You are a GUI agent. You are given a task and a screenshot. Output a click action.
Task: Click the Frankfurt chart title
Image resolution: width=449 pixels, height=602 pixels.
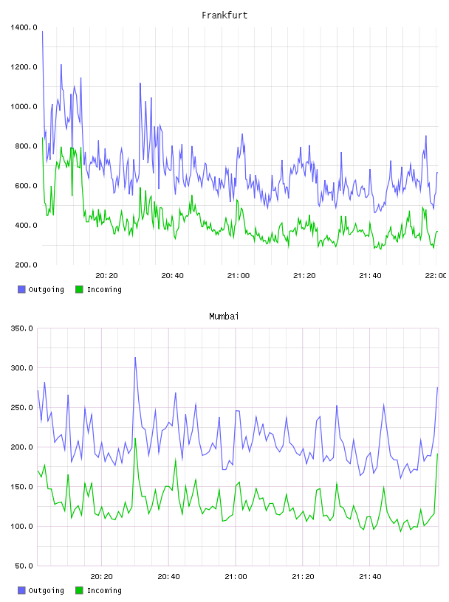(224, 15)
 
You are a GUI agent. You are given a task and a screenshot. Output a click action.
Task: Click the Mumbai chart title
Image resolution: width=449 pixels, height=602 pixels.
(224, 316)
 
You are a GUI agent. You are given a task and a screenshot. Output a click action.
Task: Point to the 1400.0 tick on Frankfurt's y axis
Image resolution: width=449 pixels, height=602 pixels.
(24, 27)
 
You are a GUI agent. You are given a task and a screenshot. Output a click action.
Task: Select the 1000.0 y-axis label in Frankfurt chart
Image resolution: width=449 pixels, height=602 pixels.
(24, 106)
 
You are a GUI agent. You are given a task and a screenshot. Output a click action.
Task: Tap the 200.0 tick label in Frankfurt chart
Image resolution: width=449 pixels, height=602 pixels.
(26, 265)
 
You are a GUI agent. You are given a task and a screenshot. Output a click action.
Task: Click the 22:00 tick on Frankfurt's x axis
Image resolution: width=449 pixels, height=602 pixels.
(436, 276)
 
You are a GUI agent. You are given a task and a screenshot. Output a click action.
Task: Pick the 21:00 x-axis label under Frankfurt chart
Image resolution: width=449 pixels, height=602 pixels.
(239, 276)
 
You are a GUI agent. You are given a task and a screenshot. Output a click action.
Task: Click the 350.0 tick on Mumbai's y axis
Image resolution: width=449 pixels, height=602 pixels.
(21, 328)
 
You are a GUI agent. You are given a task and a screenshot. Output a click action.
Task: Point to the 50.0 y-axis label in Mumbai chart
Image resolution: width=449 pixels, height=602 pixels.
(24, 566)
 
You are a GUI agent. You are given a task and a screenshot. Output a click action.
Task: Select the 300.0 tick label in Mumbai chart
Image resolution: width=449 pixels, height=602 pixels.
(21, 368)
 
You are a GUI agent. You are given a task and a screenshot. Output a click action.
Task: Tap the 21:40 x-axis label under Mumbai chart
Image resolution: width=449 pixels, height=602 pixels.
(370, 577)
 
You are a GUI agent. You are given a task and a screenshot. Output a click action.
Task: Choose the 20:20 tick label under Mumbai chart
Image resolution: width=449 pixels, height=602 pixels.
(101, 577)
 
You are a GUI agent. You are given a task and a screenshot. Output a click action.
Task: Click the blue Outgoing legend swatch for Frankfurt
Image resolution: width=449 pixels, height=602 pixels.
(21, 289)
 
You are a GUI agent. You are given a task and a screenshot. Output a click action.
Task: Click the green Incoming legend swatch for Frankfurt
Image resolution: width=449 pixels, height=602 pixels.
(79, 289)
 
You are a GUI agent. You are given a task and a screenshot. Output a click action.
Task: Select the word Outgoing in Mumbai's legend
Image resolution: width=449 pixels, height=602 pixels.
(46, 590)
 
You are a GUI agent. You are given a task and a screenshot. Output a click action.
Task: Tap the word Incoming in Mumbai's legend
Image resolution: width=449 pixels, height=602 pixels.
(104, 590)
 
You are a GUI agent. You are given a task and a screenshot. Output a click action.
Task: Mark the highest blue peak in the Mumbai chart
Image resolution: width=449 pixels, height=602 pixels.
(135, 358)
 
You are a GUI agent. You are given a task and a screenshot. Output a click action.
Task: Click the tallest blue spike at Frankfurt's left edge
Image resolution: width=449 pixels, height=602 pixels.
(42, 32)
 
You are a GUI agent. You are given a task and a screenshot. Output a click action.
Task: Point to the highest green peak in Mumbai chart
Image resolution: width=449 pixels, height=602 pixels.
(135, 438)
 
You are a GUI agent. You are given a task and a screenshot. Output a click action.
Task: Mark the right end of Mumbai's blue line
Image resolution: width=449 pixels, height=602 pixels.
(437, 388)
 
